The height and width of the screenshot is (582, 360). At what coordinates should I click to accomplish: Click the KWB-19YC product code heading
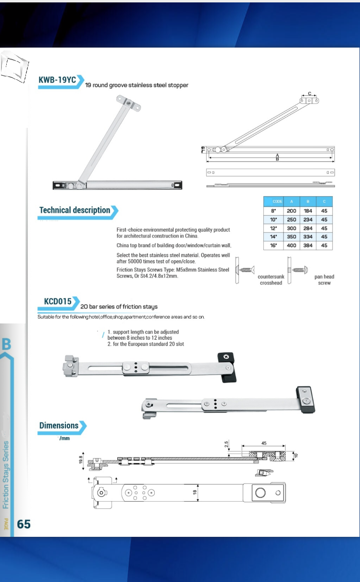click(57, 80)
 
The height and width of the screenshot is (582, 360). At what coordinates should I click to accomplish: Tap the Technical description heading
click(74, 210)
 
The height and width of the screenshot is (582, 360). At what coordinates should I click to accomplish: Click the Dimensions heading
click(59, 425)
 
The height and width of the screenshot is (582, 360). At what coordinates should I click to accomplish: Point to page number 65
click(24, 524)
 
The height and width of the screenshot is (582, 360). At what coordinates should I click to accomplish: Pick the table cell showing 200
click(291, 211)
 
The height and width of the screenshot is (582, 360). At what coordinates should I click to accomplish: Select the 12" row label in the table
click(273, 228)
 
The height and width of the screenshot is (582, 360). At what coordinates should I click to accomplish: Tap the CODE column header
click(277, 201)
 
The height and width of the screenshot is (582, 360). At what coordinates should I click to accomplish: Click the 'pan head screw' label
click(324, 280)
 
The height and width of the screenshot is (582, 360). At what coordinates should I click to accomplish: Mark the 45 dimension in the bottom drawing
click(264, 443)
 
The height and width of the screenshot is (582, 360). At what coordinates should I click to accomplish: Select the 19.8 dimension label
click(80, 459)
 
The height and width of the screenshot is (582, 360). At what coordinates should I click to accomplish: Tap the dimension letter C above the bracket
click(310, 93)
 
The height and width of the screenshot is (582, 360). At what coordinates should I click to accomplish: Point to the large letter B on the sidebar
click(7, 344)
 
